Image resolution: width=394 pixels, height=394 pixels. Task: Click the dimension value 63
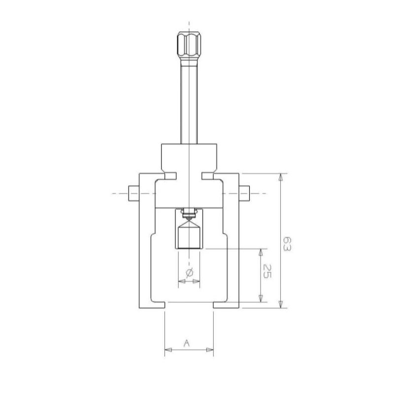(x=287, y=243)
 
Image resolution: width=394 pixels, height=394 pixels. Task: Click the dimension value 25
(x=267, y=271)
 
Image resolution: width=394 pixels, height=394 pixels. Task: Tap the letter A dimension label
(x=187, y=343)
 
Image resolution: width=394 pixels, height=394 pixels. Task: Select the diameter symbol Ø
(x=189, y=273)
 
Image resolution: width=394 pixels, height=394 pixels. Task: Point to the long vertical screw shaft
(x=189, y=100)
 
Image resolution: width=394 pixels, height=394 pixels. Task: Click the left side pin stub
(x=134, y=193)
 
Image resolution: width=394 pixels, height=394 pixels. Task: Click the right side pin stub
(x=244, y=193)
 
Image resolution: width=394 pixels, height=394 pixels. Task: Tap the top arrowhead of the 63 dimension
(x=281, y=177)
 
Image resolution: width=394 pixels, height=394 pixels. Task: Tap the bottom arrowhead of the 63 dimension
(x=281, y=304)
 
